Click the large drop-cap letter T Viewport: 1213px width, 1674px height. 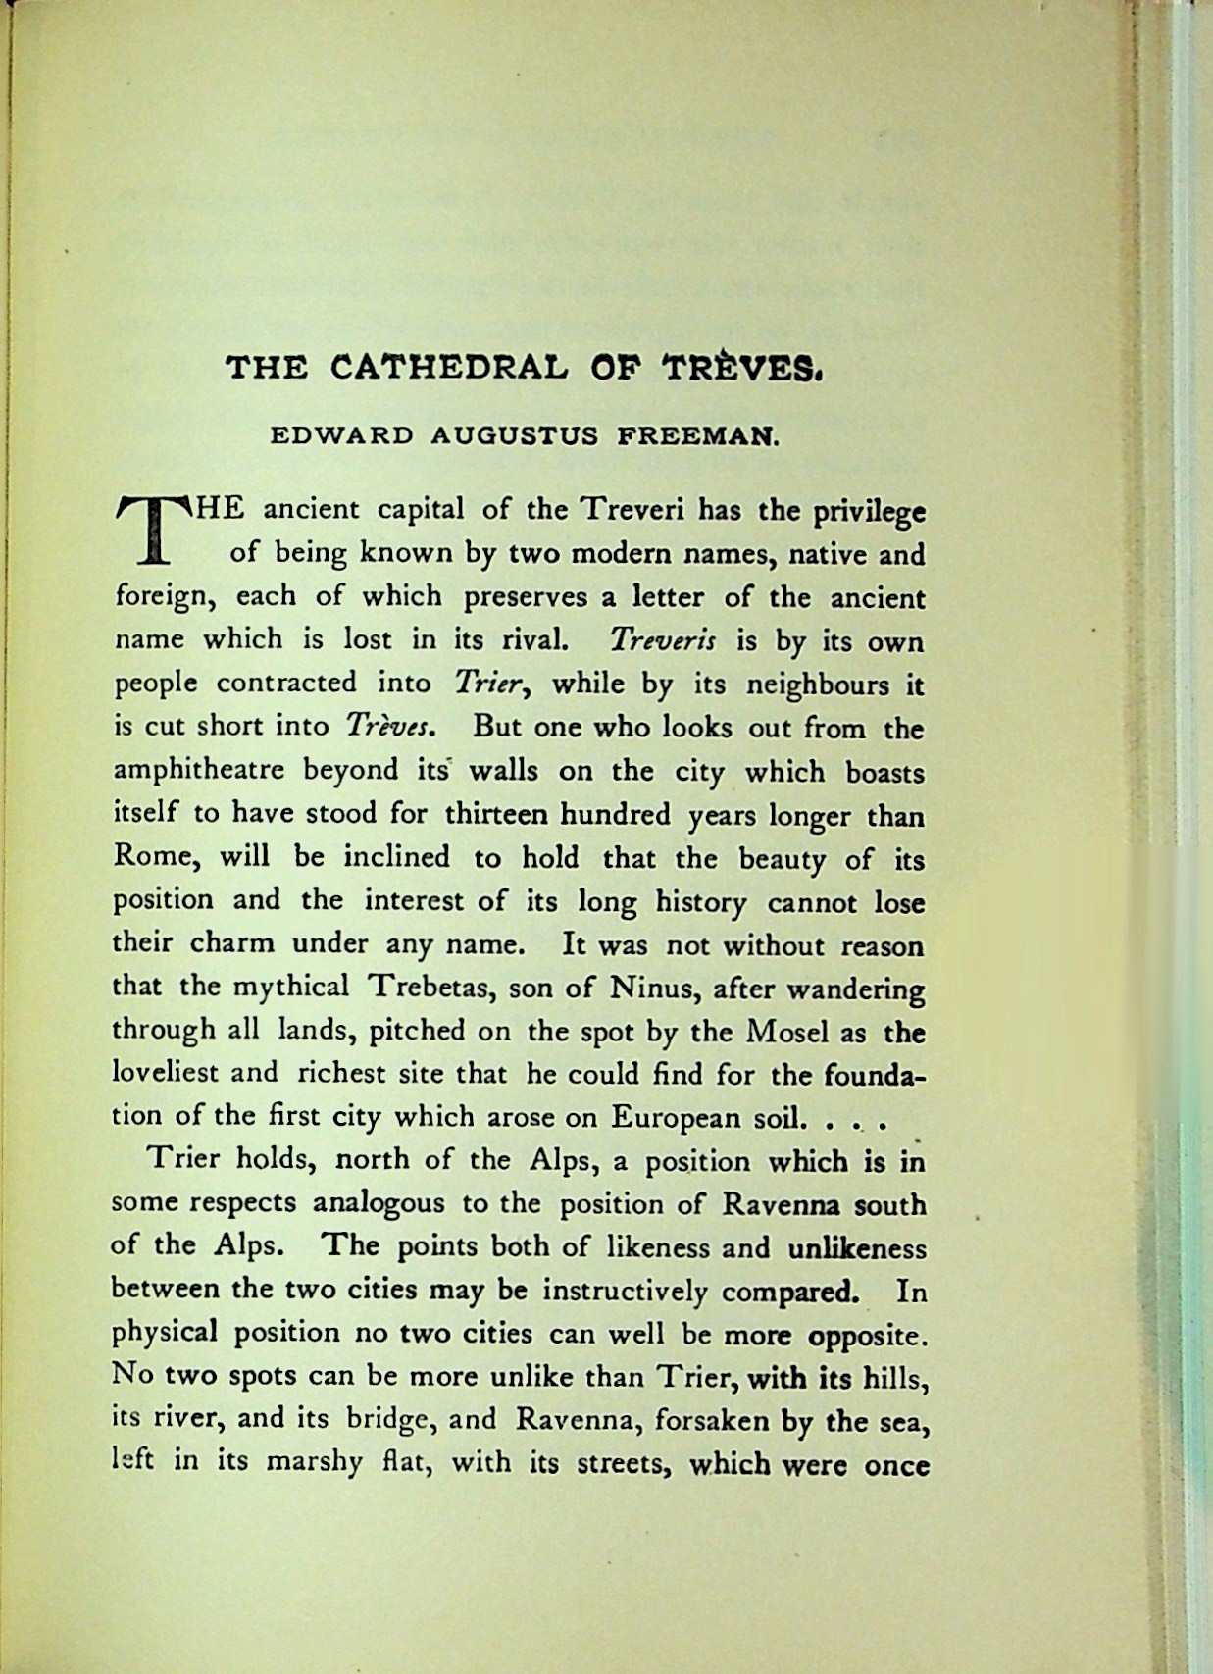(152, 531)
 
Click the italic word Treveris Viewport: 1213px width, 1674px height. (663, 641)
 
